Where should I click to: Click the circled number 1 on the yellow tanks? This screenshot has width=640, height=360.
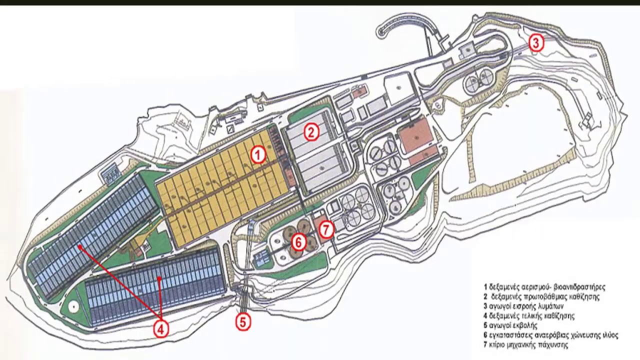[258, 155]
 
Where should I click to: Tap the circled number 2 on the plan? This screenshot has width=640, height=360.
[311, 132]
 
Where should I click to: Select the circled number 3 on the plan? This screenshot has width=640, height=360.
[536, 43]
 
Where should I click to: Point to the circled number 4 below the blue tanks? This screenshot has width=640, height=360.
[160, 329]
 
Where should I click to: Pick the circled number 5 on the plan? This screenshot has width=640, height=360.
[243, 322]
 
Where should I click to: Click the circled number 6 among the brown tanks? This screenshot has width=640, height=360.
[298, 242]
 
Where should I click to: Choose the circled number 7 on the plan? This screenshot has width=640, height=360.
[326, 229]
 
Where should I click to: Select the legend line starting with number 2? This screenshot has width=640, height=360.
[541, 296]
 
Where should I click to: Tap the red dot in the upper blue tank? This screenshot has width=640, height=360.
[80, 246]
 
